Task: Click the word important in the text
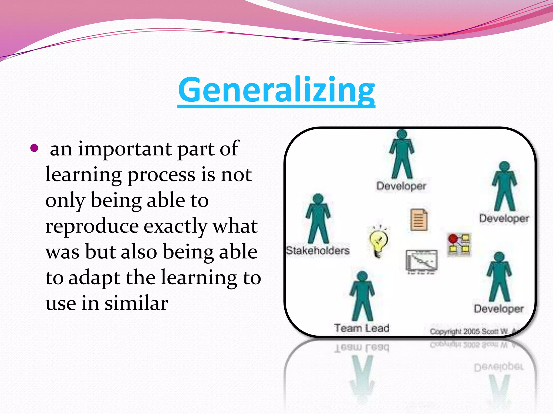click(x=125, y=149)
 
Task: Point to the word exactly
click(x=176, y=227)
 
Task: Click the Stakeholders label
click(x=318, y=251)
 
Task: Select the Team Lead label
click(x=362, y=328)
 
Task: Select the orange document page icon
click(x=419, y=220)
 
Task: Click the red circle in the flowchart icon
click(x=453, y=239)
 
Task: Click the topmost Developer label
click(x=401, y=186)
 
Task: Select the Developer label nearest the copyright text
click(x=499, y=309)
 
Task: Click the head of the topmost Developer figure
click(x=402, y=134)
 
